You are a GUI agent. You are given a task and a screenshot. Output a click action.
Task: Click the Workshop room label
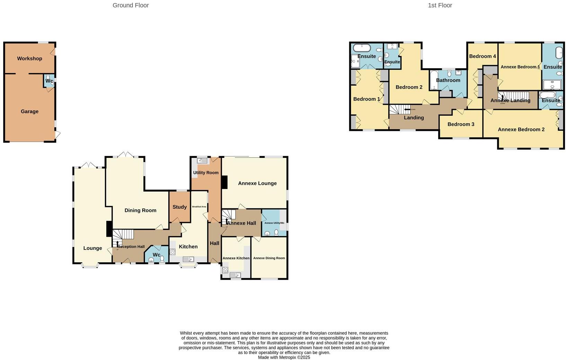click(x=29, y=58)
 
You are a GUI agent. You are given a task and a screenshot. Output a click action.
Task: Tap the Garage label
click(x=29, y=111)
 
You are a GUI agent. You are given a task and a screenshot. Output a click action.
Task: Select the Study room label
click(x=179, y=207)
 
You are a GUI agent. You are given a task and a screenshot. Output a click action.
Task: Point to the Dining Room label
click(x=140, y=210)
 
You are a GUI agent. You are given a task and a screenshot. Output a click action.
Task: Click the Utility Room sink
click(x=202, y=161)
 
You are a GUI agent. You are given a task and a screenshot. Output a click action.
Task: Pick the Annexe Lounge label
click(x=257, y=183)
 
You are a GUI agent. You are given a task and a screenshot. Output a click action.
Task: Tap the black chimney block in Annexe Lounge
click(x=224, y=182)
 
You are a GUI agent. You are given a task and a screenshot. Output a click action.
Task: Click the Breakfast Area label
click(x=199, y=207)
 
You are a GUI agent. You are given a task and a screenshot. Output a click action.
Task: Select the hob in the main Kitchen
click(x=173, y=252)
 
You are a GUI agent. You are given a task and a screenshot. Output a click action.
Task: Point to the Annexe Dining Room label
click(x=269, y=258)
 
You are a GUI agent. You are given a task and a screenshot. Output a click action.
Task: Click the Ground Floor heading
click(x=131, y=5)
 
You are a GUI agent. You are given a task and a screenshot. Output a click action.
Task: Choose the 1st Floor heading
click(x=440, y=5)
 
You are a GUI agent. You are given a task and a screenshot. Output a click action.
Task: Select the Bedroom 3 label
click(x=461, y=124)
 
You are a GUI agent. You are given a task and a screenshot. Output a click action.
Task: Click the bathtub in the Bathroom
click(x=434, y=80)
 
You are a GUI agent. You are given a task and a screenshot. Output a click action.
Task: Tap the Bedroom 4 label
click(x=482, y=56)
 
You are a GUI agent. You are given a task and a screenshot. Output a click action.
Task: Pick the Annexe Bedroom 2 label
click(x=521, y=129)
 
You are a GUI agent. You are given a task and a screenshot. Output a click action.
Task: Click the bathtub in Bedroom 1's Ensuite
click(x=362, y=47)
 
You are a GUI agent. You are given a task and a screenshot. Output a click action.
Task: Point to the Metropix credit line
click(x=284, y=357)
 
